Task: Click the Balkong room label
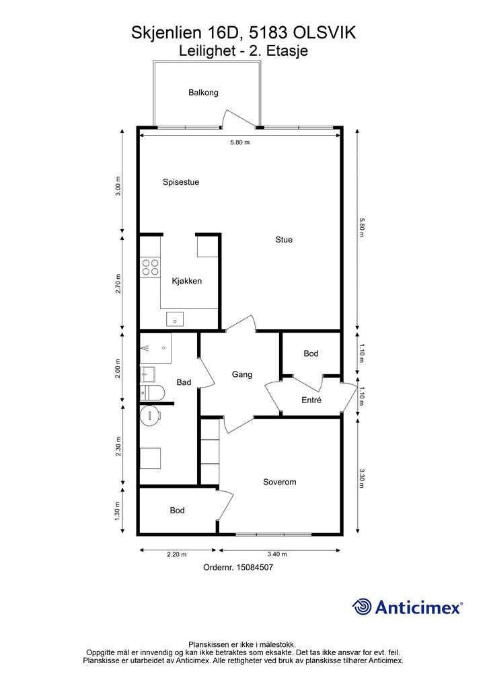(x=203, y=93)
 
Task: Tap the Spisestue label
(x=181, y=182)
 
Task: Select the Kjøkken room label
(x=186, y=282)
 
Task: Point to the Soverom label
(x=279, y=482)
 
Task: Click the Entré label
(x=311, y=400)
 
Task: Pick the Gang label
(x=242, y=374)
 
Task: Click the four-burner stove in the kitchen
(x=150, y=267)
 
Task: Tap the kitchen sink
(x=175, y=319)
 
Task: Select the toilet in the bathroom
(x=152, y=392)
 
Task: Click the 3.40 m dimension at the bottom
(x=278, y=554)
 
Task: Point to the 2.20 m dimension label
(x=177, y=554)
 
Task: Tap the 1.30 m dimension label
(x=118, y=511)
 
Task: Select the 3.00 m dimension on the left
(x=118, y=187)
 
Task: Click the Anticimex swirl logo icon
(x=361, y=607)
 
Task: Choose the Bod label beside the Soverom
(x=177, y=511)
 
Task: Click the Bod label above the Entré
(x=311, y=353)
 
